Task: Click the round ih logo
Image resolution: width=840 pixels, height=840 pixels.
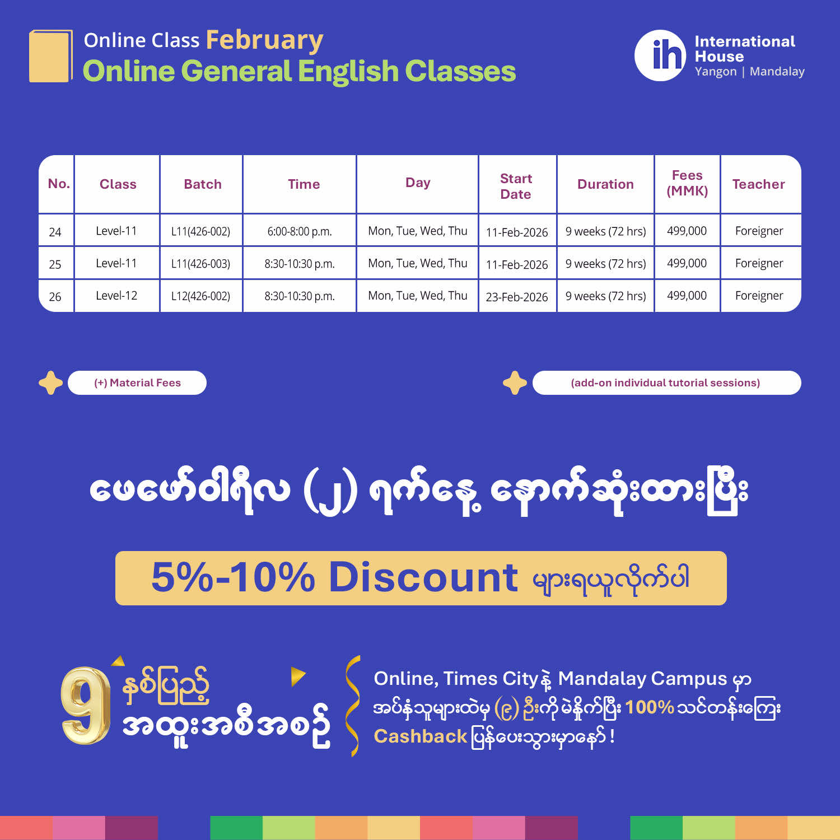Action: point(660,55)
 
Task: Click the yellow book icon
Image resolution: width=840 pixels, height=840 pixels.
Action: point(50,56)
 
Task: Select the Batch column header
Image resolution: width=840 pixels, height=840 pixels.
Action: point(203,184)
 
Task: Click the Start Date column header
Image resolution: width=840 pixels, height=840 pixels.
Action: point(516,186)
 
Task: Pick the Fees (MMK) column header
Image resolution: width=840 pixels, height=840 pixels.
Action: point(687,183)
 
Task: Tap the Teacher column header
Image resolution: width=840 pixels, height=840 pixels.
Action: point(759,184)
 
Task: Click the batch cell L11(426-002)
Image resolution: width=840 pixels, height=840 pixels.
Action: point(200,231)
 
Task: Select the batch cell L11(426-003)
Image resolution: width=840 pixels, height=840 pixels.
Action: point(200,264)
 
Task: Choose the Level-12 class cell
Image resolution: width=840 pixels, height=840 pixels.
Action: point(116,296)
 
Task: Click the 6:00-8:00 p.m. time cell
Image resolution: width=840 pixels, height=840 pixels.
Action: point(300,231)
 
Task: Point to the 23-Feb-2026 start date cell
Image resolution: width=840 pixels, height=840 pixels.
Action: point(517,297)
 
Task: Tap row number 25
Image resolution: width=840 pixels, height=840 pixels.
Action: point(55,264)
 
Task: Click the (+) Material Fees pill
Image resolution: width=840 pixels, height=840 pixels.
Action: point(137,383)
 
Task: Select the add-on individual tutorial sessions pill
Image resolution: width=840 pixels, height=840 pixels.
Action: point(666,383)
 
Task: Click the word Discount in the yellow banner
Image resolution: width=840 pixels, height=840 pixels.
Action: point(423,577)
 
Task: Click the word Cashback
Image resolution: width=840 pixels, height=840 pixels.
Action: point(421,736)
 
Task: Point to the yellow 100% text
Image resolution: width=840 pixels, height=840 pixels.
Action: point(650,707)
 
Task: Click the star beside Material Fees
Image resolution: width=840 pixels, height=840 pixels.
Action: point(50,383)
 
